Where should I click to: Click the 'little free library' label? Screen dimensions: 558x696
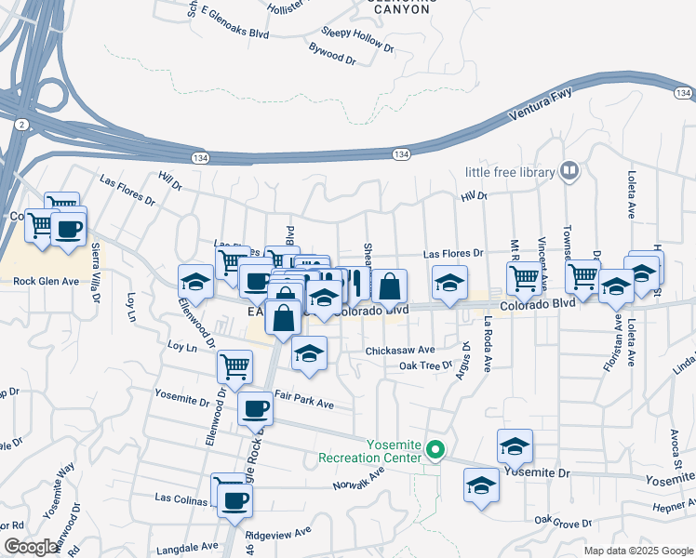click(x=509, y=172)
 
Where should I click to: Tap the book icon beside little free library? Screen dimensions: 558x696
click(x=569, y=171)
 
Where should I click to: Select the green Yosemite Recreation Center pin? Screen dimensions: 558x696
click(x=435, y=452)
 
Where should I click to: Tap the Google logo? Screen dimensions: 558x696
click(x=32, y=547)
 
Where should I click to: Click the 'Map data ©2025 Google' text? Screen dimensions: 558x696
click(x=637, y=551)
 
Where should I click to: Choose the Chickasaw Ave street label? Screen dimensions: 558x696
click(x=400, y=351)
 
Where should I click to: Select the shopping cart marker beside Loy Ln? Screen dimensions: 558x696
click(x=235, y=365)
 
